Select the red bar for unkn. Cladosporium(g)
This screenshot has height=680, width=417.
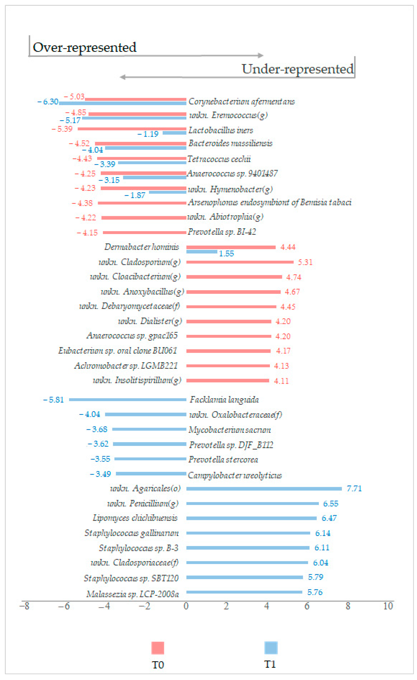[x=240, y=262]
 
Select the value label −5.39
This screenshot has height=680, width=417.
[x=62, y=129]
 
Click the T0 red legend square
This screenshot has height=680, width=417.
[x=158, y=648]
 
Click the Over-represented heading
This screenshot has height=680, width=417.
[x=84, y=47]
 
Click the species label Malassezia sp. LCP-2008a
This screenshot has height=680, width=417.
[x=132, y=594]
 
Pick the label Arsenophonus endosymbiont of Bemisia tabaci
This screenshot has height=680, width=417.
[x=269, y=203]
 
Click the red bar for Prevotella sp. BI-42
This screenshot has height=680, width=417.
[x=144, y=232]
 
